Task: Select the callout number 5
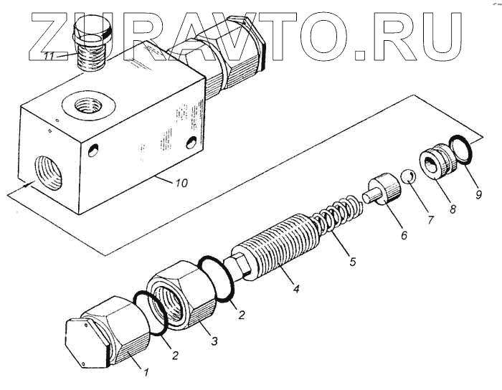pyautogui.click(x=352, y=262)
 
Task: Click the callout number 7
pyautogui.click(x=430, y=220)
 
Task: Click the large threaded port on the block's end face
pyautogui.click(x=47, y=169)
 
